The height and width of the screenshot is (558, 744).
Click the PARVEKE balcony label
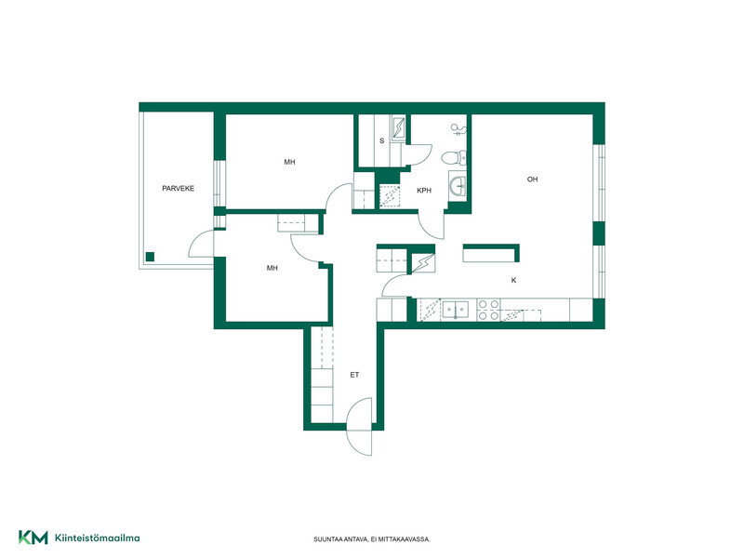(178, 189)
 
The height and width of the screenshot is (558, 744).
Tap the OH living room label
(532, 179)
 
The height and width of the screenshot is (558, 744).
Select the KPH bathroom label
(424, 191)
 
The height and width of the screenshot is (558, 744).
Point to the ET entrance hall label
(354, 375)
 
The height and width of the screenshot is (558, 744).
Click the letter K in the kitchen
(513, 281)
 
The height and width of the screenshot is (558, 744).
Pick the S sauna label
(381, 140)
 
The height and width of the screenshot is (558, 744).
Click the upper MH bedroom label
(289, 162)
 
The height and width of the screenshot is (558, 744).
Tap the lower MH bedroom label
(272, 268)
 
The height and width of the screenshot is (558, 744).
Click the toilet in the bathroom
(454, 157)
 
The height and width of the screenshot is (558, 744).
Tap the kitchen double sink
(456, 310)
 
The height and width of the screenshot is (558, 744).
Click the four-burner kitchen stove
(488, 310)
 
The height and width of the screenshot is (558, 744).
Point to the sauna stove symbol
(398, 127)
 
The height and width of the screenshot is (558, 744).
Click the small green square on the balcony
(150, 257)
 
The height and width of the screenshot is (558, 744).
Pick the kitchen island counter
(491, 253)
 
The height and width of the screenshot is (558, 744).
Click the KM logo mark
(33, 538)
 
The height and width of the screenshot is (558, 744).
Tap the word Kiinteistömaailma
(98, 538)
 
